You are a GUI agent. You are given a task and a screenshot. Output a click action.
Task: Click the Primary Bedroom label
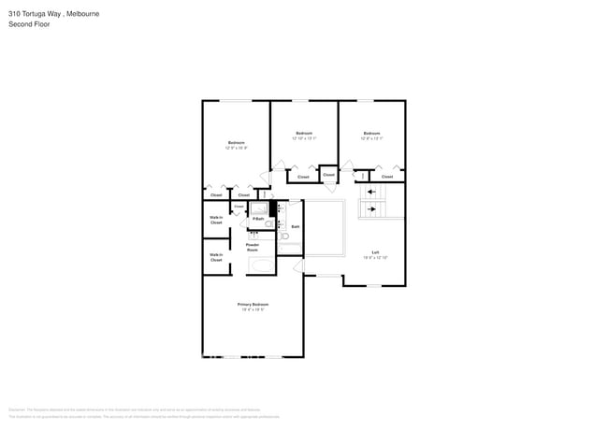pyautogui.click(x=253, y=305)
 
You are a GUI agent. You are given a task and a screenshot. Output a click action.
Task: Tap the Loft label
pyautogui.click(x=375, y=252)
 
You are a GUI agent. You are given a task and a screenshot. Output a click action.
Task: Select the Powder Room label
pyautogui.click(x=253, y=248)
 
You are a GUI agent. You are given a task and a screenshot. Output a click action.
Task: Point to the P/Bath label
pyautogui.click(x=257, y=219)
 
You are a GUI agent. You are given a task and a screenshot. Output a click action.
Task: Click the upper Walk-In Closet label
pyautogui.click(x=216, y=221)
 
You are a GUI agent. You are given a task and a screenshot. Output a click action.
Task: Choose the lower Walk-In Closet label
pyautogui.click(x=216, y=257)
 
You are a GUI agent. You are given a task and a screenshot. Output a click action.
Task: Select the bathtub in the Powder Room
pyautogui.click(x=262, y=266)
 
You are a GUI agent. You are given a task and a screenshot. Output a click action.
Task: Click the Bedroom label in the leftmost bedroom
pyautogui.click(x=237, y=142)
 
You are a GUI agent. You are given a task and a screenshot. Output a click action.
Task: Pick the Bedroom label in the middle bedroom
pyautogui.click(x=304, y=133)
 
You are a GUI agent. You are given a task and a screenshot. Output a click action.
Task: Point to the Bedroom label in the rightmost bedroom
pyautogui.click(x=372, y=133)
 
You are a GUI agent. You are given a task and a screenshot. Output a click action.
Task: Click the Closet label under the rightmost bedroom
pyautogui.click(x=387, y=176)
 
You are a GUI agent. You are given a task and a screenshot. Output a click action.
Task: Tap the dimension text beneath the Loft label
pyautogui.click(x=375, y=257)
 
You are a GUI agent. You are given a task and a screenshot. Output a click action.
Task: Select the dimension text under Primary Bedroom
pyautogui.click(x=253, y=310)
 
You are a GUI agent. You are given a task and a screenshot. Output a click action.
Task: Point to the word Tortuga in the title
pyautogui.click(x=35, y=14)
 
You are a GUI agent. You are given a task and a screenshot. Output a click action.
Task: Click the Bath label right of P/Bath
pyautogui.click(x=295, y=226)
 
